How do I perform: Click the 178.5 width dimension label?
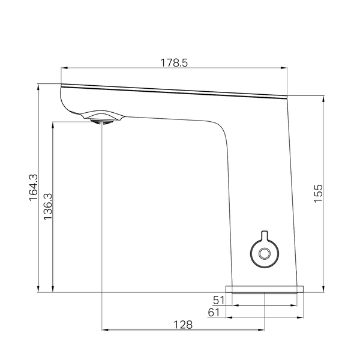tap(174, 62)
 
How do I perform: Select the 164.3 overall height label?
tap(33, 188)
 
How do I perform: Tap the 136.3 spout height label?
tap(48, 206)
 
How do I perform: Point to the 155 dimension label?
tap(318, 193)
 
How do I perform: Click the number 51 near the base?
tap(219, 300)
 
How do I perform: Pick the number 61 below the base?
tap(214, 313)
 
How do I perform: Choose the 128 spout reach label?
tap(183, 325)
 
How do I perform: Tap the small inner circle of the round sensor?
tap(265, 253)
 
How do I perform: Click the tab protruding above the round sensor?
tap(265, 235)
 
